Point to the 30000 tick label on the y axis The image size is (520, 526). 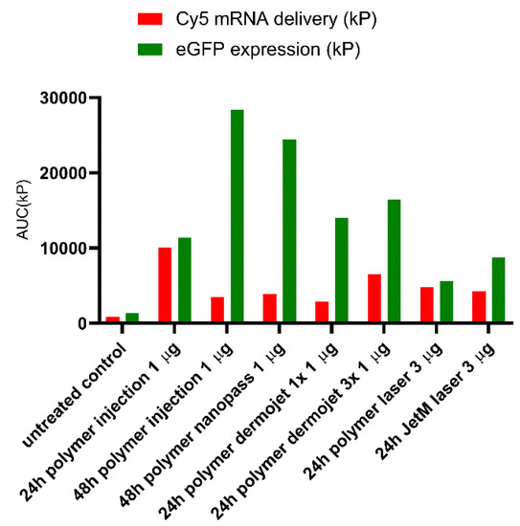(59, 98)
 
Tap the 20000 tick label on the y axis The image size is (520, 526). (59, 173)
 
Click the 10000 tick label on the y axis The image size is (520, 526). (59, 248)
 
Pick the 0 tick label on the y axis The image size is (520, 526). (79, 323)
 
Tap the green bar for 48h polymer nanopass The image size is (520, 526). (288, 231)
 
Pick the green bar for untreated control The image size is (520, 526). (132, 318)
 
